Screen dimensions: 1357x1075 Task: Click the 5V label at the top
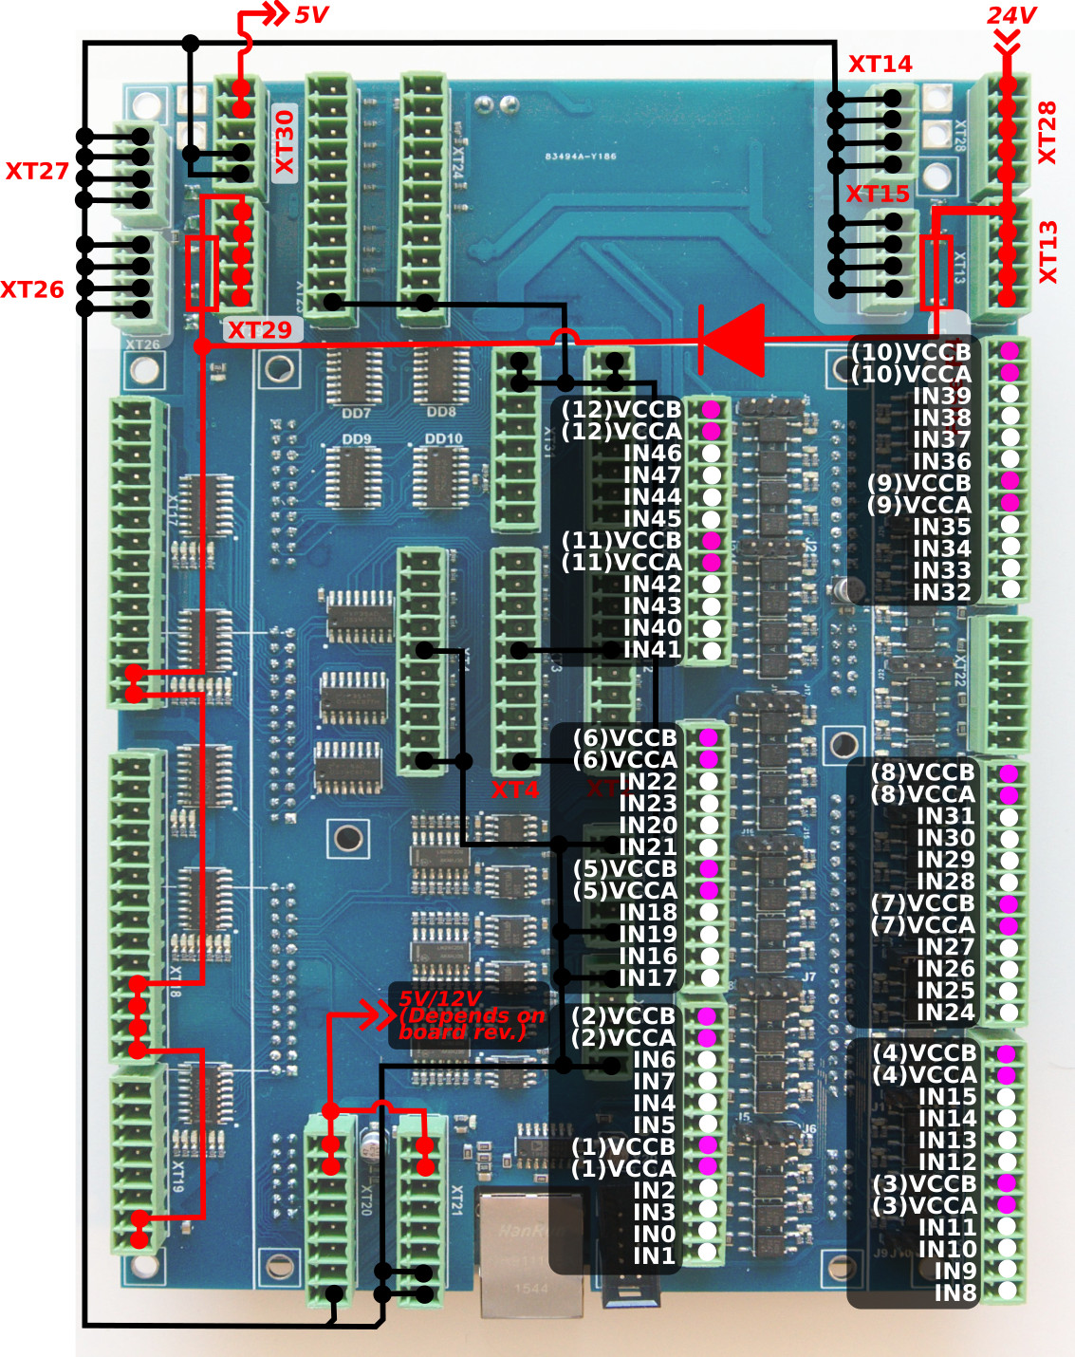coord(311,15)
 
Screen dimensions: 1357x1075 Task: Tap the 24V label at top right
coord(1010,16)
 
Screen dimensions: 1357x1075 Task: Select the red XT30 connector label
coord(285,142)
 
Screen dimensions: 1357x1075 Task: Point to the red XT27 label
coord(37,172)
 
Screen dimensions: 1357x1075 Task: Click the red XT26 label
coord(32,289)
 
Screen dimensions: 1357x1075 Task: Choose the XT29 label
coord(259,330)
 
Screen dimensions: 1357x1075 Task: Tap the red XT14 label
coord(880,65)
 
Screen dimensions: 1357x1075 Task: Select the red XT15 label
coord(878,195)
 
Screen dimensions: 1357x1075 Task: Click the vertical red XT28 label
coord(1047,133)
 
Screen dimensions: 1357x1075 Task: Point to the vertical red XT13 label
coord(1047,252)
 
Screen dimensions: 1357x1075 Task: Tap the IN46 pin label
coord(652,454)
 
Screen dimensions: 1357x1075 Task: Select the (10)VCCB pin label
coord(911,352)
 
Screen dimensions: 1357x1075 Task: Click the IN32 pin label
coord(941,592)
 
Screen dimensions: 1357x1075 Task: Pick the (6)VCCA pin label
coord(625,760)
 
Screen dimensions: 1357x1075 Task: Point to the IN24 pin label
coord(945,1013)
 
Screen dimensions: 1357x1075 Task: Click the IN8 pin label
coord(955,1292)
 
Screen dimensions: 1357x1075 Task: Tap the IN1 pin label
coord(654,1255)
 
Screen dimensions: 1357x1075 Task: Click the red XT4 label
coord(514,790)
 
